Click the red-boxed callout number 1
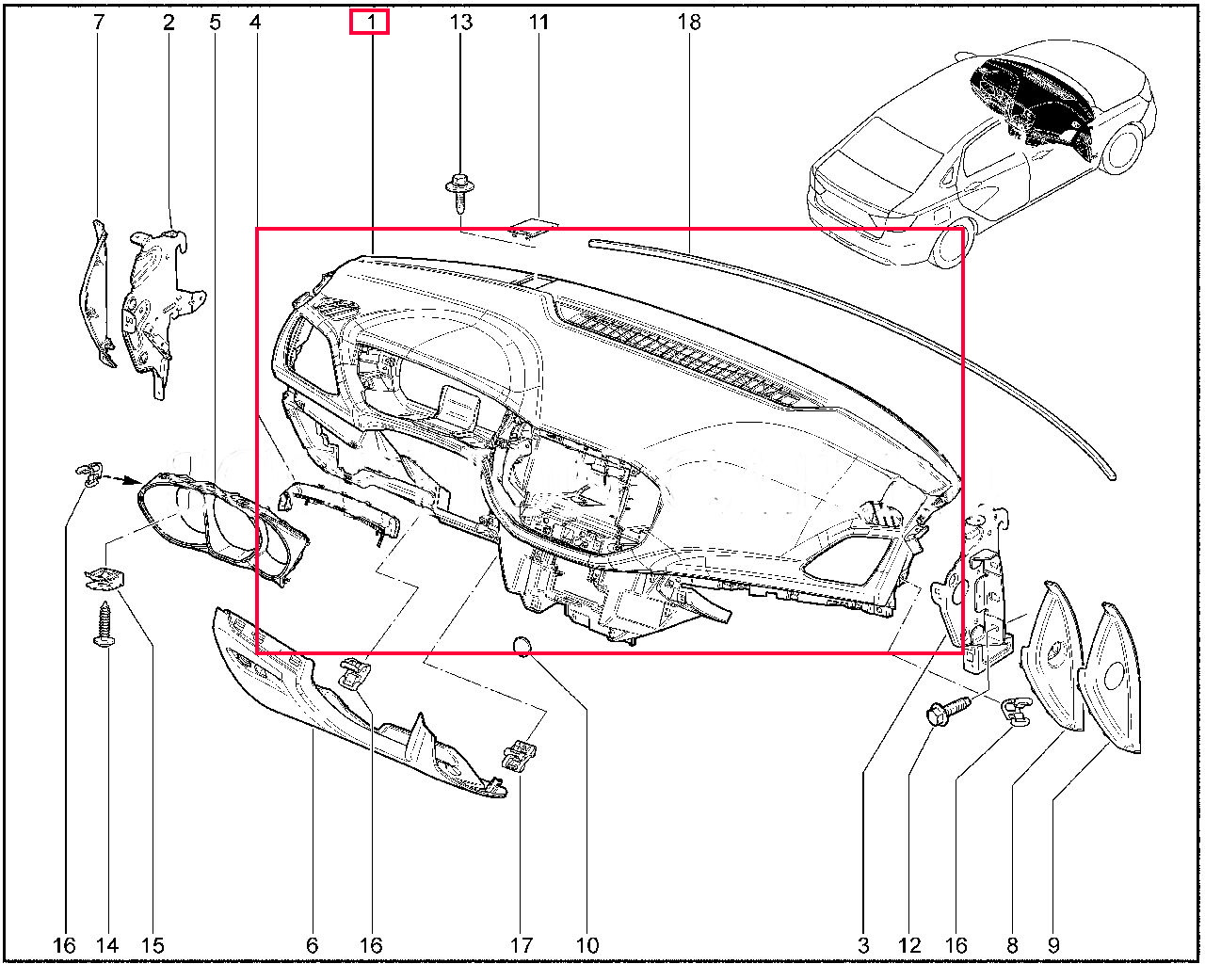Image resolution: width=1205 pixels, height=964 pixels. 371,23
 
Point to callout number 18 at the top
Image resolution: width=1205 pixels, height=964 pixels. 689,23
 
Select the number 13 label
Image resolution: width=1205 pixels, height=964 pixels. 461,23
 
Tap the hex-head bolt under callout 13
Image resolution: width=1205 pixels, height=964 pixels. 459,194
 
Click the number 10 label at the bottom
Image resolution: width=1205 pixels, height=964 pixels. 586,945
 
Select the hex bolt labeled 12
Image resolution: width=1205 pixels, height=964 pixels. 947,710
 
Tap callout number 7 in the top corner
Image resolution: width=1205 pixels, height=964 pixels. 99,23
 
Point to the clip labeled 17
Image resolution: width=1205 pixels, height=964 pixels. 520,755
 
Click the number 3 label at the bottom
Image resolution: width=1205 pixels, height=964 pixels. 863,945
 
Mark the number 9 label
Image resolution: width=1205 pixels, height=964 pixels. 1053,945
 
